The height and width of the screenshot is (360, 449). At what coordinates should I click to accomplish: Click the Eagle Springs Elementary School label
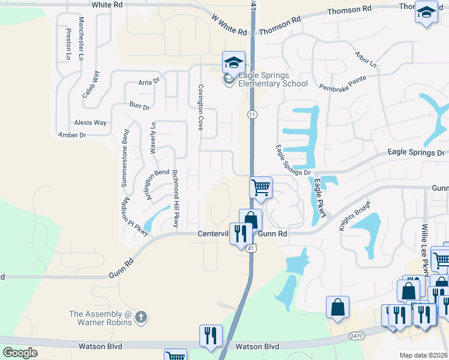(x=273, y=79)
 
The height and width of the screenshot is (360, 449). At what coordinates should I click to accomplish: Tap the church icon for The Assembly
(x=141, y=317)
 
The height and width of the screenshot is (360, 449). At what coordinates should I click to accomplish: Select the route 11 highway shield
(x=252, y=114)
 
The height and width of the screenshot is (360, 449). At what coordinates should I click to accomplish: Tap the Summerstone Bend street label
(x=125, y=158)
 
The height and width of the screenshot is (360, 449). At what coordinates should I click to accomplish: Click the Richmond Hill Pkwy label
(x=175, y=198)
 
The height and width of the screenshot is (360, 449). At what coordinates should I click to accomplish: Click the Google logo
(x=20, y=352)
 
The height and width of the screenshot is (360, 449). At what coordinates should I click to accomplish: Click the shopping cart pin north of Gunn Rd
(x=261, y=188)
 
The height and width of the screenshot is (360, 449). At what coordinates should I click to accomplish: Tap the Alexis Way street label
(x=90, y=122)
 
